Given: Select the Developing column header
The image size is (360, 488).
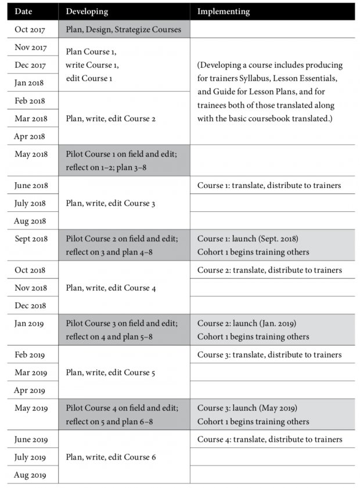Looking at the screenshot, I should point(87,11).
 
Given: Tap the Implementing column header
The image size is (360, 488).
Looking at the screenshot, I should point(224,11).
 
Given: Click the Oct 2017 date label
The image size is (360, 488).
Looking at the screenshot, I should point(30,29).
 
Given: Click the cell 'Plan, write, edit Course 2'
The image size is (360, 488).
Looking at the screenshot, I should point(111,118).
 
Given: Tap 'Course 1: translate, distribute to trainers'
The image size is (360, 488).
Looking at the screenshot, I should point(269,185).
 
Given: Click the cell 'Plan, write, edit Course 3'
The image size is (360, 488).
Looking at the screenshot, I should point(111,203).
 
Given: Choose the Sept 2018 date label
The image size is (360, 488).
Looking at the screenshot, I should point(31,238).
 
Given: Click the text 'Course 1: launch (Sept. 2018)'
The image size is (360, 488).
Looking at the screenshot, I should point(248,238).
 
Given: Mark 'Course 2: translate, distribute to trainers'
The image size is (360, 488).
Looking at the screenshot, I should point(269,270).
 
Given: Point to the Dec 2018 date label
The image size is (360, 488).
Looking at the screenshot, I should point(31,306).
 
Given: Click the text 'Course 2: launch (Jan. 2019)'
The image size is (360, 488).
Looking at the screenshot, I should point(247,323).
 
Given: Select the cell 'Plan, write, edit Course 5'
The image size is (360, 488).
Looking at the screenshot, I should point(111,373).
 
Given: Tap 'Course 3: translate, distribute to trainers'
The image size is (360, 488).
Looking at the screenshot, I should point(269,355).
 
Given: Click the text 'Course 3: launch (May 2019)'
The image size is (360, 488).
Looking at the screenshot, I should point(247,408).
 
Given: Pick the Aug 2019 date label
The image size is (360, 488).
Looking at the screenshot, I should point(30,475).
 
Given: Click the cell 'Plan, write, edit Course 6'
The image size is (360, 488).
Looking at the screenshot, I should point(111,457).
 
